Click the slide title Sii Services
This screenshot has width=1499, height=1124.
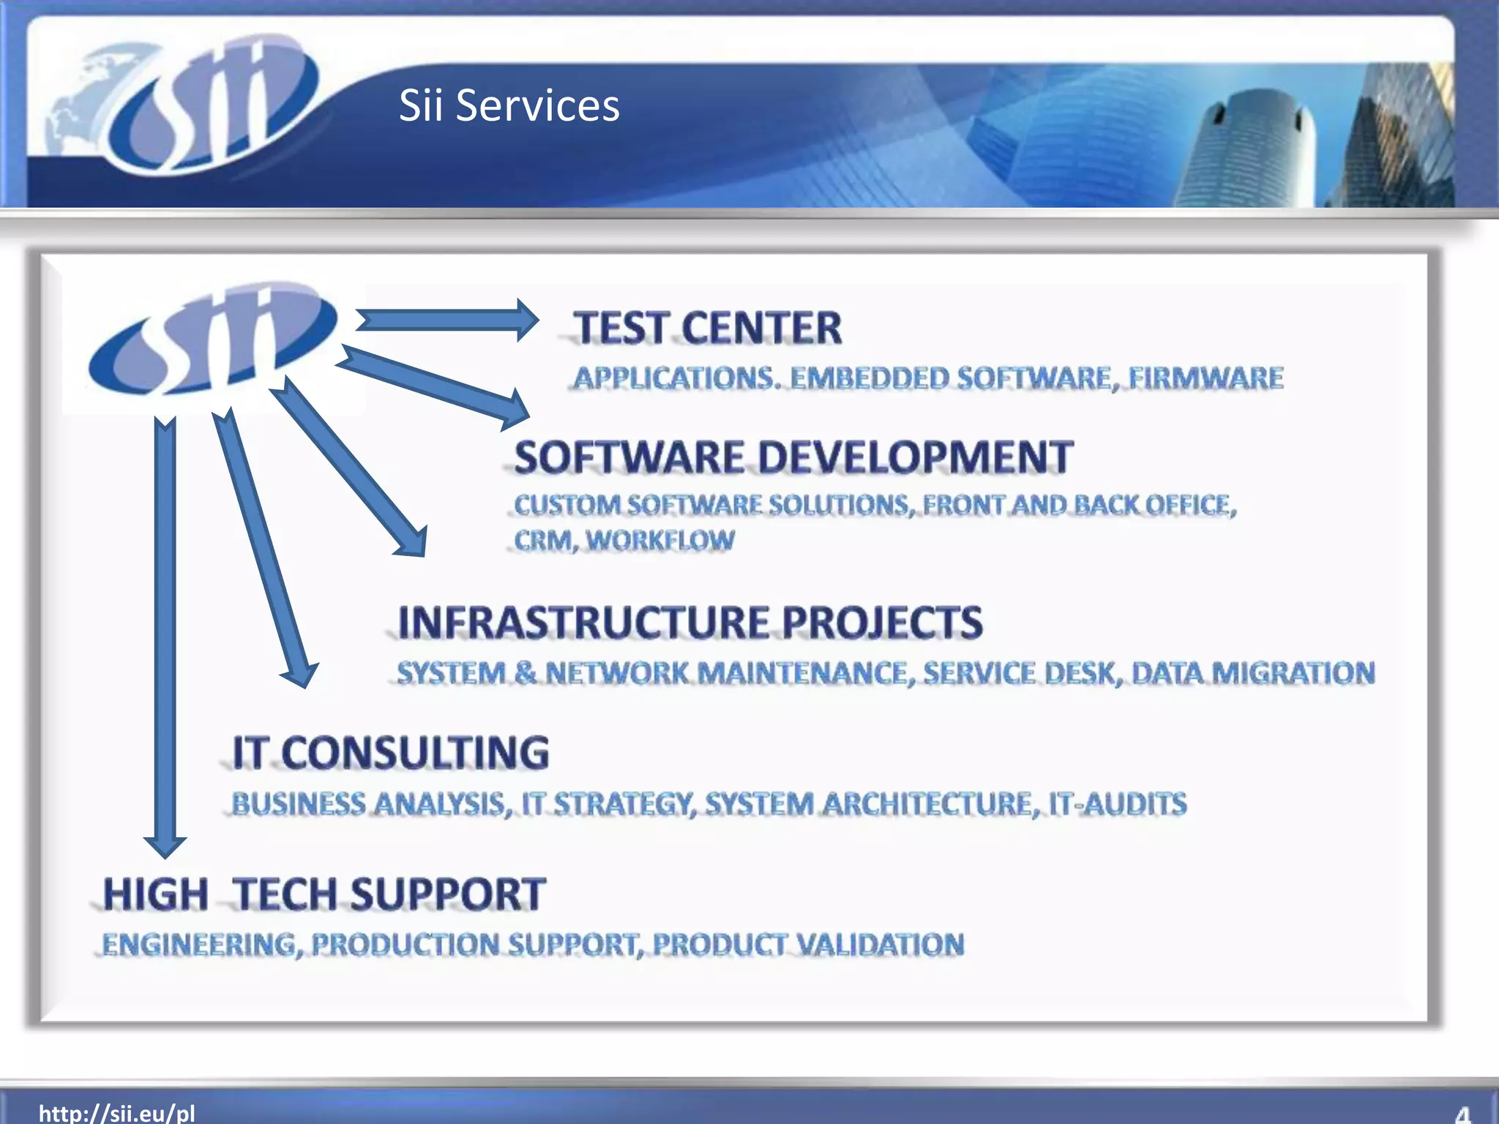tap(509, 105)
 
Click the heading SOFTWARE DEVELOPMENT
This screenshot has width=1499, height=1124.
tap(793, 457)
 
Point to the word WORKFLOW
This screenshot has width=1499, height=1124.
tap(659, 540)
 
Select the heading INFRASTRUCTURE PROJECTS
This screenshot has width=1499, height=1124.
tap(689, 623)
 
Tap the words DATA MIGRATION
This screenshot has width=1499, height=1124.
tap(1253, 672)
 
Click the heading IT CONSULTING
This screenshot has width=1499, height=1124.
tap(390, 753)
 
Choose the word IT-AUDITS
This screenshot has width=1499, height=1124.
tap(1117, 803)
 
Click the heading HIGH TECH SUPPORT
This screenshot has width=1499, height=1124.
tap(324, 894)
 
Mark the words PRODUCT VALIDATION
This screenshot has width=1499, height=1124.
tap(808, 944)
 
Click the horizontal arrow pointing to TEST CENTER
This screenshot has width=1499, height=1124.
tap(446, 320)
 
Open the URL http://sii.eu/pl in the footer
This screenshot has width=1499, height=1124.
tap(117, 1113)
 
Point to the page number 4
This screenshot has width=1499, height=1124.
tap(1462, 1114)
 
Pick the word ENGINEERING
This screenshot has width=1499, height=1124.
tap(199, 944)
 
